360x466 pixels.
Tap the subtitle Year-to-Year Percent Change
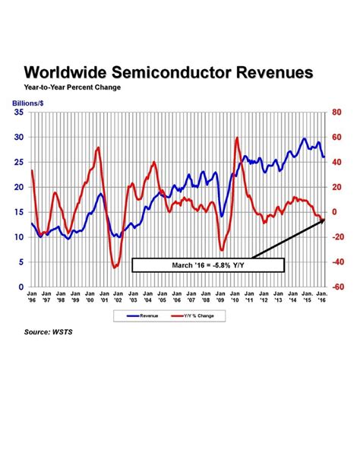pos(72,87)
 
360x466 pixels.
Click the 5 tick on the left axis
pos(21,262)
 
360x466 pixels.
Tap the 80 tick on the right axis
pos(338,113)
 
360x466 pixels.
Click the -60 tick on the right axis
pos(339,287)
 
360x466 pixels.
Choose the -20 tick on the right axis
pos(339,237)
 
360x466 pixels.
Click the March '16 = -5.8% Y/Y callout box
pos(208,265)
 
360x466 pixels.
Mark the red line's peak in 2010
pos(238,138)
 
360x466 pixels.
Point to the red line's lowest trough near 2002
pos(115,268)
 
